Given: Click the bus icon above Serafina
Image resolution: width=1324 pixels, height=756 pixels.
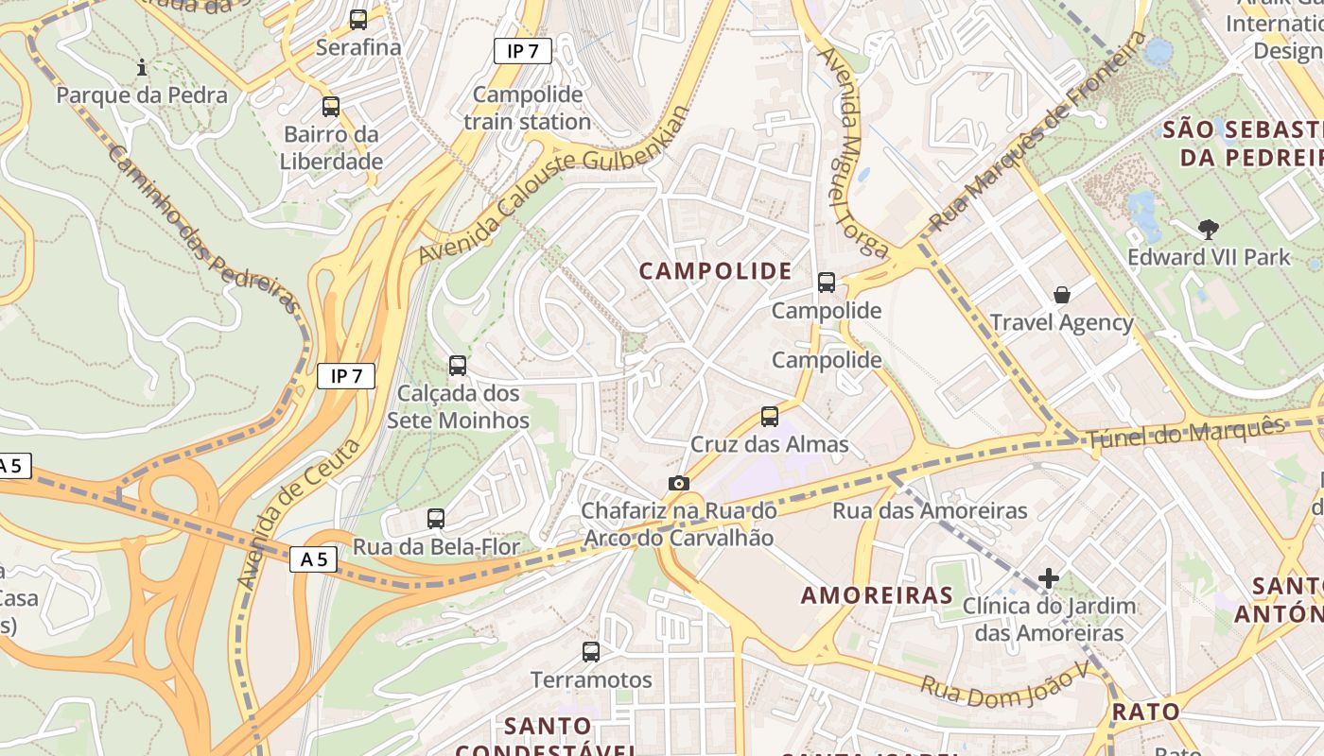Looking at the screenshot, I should click(358, 19).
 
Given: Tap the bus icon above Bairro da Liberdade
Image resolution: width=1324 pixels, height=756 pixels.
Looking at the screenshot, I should click(330, 107).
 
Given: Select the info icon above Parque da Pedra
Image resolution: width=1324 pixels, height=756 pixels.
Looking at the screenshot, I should click(142, 67).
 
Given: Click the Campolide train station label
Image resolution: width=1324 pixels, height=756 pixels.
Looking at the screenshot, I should click(528, 108).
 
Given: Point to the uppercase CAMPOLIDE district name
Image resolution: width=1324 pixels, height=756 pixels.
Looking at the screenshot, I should click(716, 271).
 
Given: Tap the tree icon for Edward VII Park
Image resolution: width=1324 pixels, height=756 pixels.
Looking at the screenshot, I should click(1208, 229).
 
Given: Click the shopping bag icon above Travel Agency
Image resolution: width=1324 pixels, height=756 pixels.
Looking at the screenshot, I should click(1062, 295).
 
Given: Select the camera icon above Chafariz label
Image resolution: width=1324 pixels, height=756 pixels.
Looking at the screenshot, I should click(678, 484).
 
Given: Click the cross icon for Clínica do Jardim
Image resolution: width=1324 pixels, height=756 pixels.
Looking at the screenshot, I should click(1048, 577).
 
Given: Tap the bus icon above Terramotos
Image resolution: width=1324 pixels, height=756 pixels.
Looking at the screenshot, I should click(591, 651).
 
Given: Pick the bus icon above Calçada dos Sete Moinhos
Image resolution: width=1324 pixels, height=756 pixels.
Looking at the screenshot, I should click(458, 365).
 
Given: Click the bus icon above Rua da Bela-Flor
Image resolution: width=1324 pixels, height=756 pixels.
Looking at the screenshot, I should click(435, 518).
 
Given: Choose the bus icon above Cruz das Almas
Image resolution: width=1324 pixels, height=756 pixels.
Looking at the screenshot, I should click(770, 416).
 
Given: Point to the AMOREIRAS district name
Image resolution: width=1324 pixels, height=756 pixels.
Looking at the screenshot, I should click(877, 595).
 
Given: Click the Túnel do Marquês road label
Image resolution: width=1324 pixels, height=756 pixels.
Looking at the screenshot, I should click(1186, 432).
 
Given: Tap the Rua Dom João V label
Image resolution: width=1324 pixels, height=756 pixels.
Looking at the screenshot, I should click(1004, 686).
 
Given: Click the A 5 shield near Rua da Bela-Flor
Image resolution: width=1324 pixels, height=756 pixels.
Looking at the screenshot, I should click(313, 559).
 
